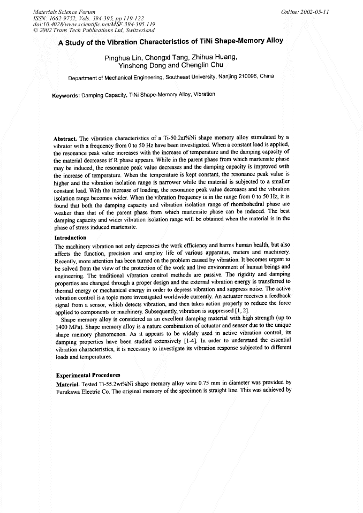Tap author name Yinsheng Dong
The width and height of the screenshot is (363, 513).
click(141, 65)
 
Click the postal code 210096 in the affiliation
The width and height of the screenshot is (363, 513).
click(248, 76)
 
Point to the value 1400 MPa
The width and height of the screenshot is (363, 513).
click(70, 326)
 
